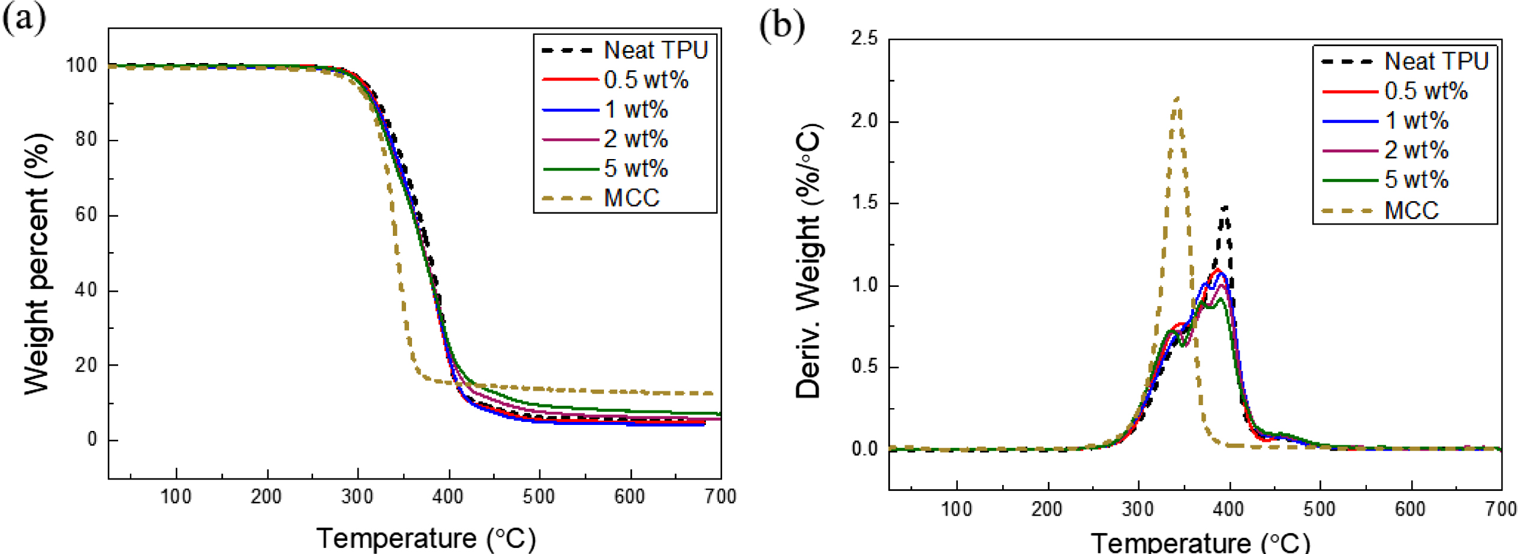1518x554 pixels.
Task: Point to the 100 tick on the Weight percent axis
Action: click(x=82, y=65)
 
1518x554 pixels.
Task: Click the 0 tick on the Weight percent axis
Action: click(x=92, y=440)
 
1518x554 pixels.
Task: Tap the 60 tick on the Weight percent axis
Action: click(x=86, y=215)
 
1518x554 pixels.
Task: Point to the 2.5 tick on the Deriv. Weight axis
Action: click(x=864, y=39)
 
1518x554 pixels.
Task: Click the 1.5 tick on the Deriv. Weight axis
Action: click(x=864, y=203)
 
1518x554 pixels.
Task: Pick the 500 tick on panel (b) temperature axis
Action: click(x=1319, y=510)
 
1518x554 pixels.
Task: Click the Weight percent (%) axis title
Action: click(x=37, y=264)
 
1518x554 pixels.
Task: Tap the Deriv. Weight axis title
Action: click(x=808, y=261)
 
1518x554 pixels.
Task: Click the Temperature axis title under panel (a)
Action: click(x=426, y=538)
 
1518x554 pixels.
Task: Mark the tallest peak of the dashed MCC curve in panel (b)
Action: click(x=1177, y=98)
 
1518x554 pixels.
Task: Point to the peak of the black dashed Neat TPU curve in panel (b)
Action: click(x=1224, y=208)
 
